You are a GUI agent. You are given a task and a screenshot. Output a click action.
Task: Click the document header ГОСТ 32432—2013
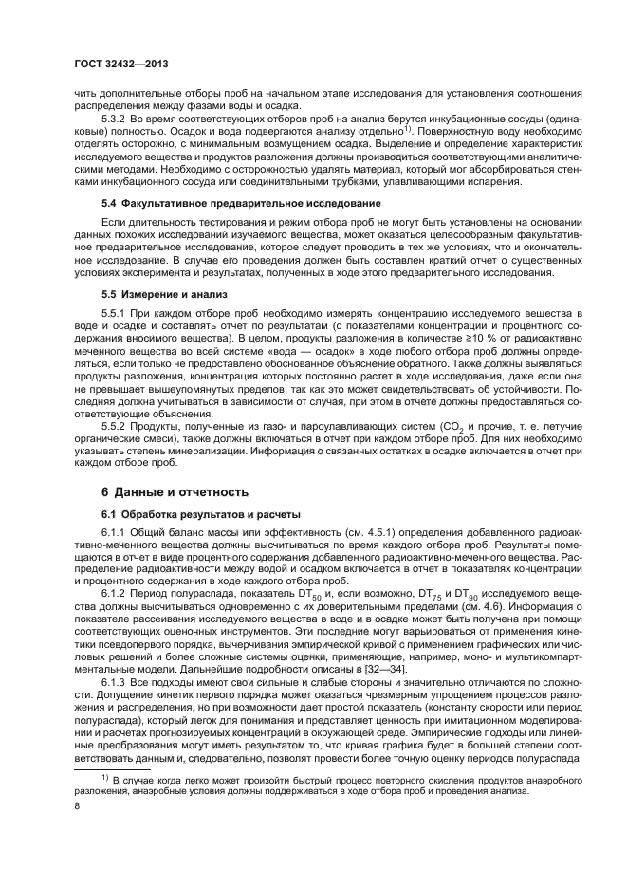(x=116, y=65)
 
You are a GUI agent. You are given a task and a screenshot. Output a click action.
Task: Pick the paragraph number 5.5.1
(x=116, y=312)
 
